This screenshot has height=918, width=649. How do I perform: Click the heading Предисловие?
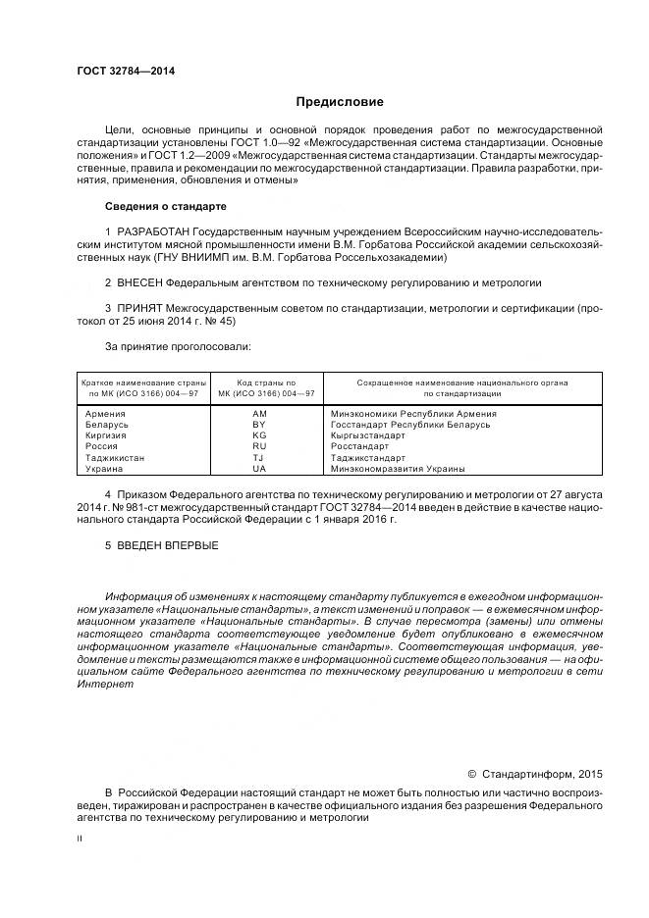coord(340,102)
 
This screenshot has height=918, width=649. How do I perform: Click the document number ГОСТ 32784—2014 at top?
coord(118,71)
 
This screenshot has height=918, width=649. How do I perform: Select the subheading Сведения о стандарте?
coord(165,207)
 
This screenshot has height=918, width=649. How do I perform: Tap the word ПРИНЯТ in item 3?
coord(139,308)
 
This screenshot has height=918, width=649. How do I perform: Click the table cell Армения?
coord(106,414)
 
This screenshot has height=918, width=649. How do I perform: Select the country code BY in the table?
coord(259,424)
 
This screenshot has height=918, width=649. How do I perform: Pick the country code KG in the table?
coord(259,435)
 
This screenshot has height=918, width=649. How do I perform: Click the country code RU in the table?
coord(259,446)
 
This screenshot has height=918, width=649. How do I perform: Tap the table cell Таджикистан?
coord(116,457)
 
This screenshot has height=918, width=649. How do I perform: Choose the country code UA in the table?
coord(259,469)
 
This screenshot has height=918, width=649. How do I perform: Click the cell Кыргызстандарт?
coord(368,435)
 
